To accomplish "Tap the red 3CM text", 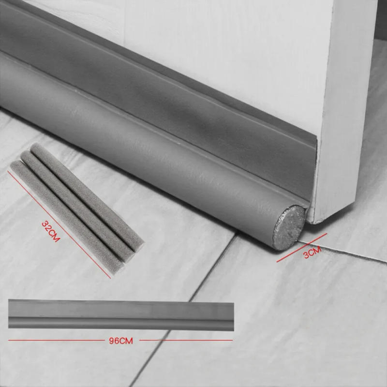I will pos(312,253).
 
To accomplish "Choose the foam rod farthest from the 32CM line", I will pos(87,198).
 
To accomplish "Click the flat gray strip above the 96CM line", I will pos(121,314).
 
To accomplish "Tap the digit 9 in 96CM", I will pos(113,341).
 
